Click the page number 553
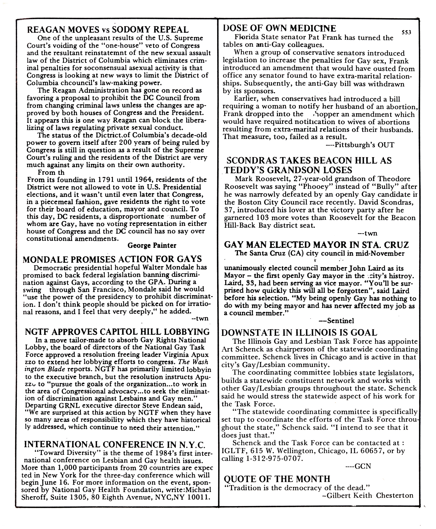tap(406, 32)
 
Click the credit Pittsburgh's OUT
tap(360, 145)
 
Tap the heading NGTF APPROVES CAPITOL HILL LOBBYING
tap(117, 332)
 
